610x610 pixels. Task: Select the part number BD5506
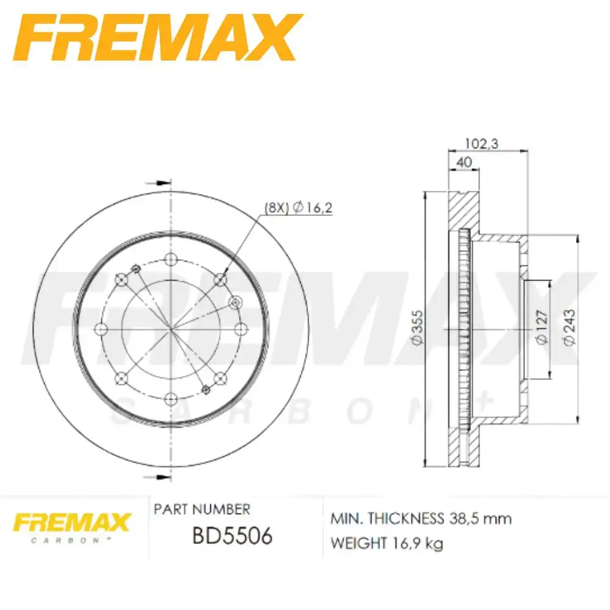coord(232,536)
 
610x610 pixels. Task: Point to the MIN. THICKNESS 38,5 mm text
coord(421,519)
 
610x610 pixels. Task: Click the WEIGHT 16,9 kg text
coord(387,542)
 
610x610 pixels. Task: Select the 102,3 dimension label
coord(482,143)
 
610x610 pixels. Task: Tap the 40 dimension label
coord(464,163)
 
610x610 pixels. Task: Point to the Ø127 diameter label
coord(541,330)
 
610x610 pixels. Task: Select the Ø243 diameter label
coord(569,330)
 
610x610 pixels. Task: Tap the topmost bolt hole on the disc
coord(170,260)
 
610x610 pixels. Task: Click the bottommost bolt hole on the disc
coord(170,398)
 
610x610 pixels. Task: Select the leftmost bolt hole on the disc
coord(101,329)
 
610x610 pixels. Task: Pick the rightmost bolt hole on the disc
coord(239,329)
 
